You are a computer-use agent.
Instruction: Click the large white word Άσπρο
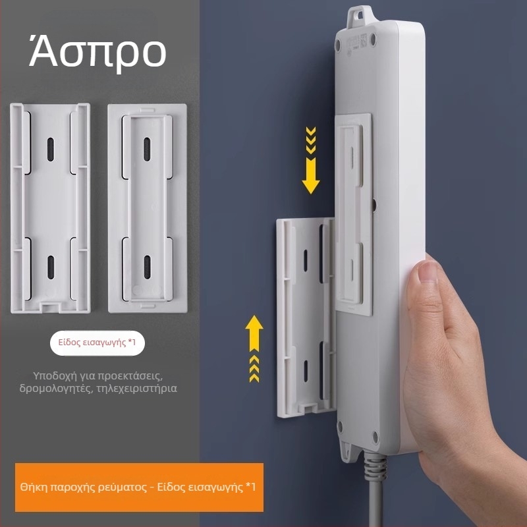tap(97, 53)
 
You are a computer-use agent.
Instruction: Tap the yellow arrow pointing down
tap(310, 160)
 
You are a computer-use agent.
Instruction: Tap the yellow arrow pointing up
tap(254, 348)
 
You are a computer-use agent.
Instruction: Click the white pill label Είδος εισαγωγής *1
tap(97, 343)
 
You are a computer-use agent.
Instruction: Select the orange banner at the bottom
tap(139, 487)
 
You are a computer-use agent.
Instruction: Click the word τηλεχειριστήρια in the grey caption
tap(136, 389)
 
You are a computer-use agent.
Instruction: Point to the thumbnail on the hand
tap(427, 272)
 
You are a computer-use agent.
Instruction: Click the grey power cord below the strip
tap(374, 490)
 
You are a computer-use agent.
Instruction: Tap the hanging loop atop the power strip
tap(359, 15)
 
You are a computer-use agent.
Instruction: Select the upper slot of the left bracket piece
tap(51, 150)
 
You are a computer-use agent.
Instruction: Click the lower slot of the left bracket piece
tap(51, 267)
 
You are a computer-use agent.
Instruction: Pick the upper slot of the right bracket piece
tap(147, 150)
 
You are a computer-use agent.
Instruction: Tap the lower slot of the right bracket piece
tap(147, 267)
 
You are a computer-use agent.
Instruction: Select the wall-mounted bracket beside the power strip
tap(306, 318)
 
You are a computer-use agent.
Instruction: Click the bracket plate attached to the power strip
tap(354, 215)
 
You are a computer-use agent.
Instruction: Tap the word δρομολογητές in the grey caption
tap(56, 389)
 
